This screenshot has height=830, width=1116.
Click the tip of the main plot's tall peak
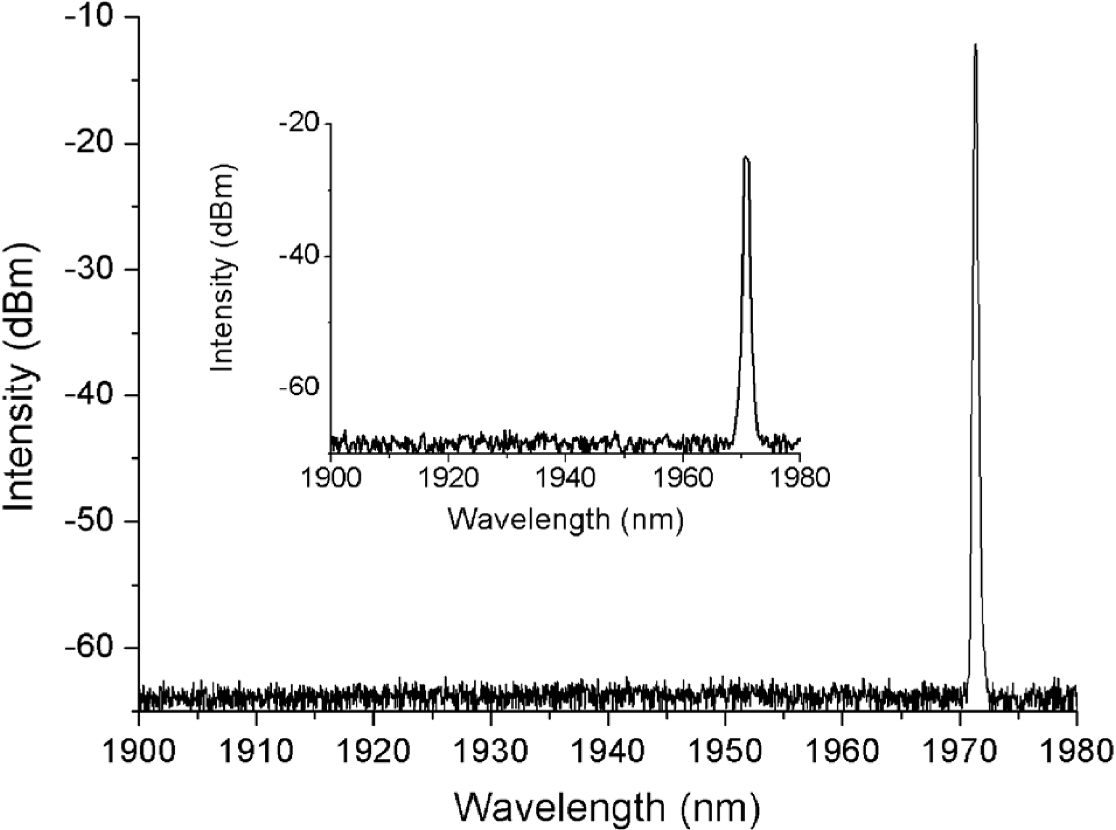(975, 45)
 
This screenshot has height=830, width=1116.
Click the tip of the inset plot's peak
(745, 157)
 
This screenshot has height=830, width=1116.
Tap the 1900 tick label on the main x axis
(138, 751)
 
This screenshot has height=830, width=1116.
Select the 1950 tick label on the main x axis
(725, 751)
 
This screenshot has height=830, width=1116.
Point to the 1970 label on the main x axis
(960, 751)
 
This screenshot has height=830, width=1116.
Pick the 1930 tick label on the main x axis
(490, 751)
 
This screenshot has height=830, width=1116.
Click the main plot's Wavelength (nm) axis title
(607, 808)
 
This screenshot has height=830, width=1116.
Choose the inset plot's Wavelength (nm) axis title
(565, 518)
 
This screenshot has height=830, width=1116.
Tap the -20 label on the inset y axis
(300, 123)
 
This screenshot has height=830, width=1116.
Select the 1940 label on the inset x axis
(564, 478)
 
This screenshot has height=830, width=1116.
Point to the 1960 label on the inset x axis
(682, 478)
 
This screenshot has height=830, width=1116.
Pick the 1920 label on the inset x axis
(448, 478)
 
